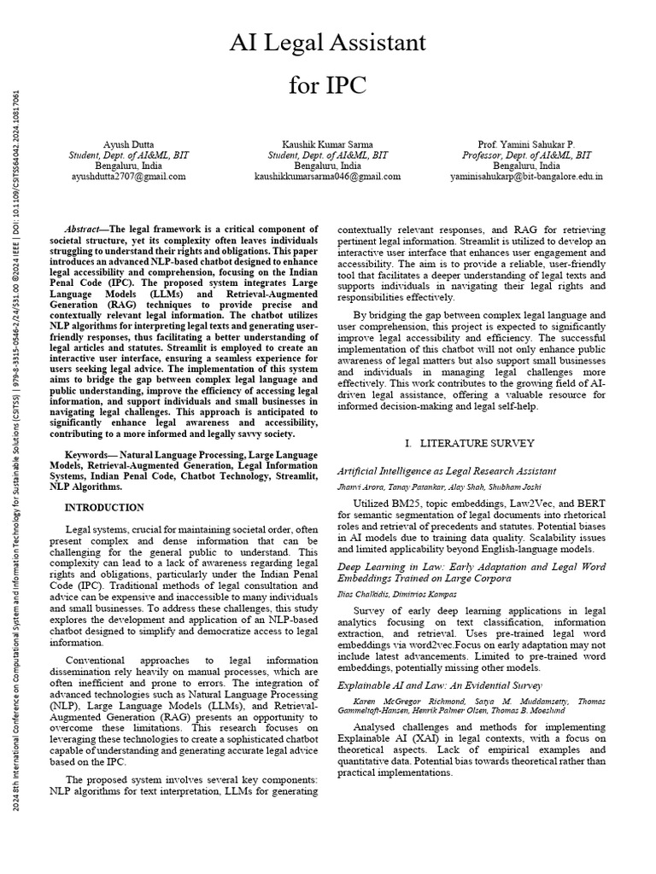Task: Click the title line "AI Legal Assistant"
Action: [327, 42]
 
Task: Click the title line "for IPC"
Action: [327, 85]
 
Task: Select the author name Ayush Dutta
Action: [129, 144]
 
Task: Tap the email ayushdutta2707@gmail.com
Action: [129, 177]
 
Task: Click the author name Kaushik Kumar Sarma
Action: [328, 144]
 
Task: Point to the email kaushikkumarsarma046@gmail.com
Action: [328, 177]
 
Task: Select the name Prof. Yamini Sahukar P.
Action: [526, 144]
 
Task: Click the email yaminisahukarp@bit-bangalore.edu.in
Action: [526, 177]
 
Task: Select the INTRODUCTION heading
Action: [104, 508]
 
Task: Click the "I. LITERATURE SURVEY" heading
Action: [471, 443]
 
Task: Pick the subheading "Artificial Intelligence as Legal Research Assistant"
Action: [447, 470]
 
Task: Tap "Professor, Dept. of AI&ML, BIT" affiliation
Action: [526, 155]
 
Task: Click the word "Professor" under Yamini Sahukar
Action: [485, 155]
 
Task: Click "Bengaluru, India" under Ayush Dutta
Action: [129, 166]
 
